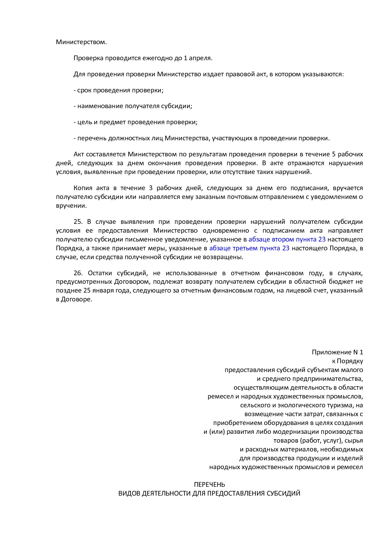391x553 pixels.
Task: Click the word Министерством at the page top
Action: (x=81, y=42)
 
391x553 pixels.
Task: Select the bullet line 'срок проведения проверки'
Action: (x=119, y=90)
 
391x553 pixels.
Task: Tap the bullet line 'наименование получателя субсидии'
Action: (x=133, y=106)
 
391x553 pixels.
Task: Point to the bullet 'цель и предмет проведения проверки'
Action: (x=136, y=122)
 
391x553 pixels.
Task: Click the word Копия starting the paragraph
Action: (x=83, y=188)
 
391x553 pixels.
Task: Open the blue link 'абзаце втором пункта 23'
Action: (x=287, y=239)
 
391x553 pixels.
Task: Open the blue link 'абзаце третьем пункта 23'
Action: (x=249, y=248)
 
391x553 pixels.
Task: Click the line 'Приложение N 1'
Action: (x=337, y=352)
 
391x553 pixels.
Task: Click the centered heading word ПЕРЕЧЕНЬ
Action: (x=209, y=484)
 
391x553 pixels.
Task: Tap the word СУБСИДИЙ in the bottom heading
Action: (x=283, y=493)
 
